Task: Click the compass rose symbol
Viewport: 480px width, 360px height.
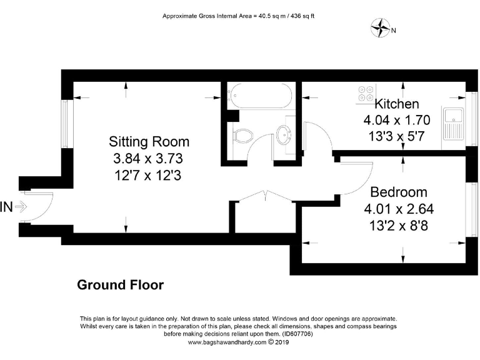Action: coord(379,27)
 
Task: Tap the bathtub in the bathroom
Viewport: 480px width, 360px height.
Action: coord(257,97)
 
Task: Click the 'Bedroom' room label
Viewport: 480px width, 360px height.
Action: coord(399,192)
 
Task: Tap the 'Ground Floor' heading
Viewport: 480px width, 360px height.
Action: coord(120,285)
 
